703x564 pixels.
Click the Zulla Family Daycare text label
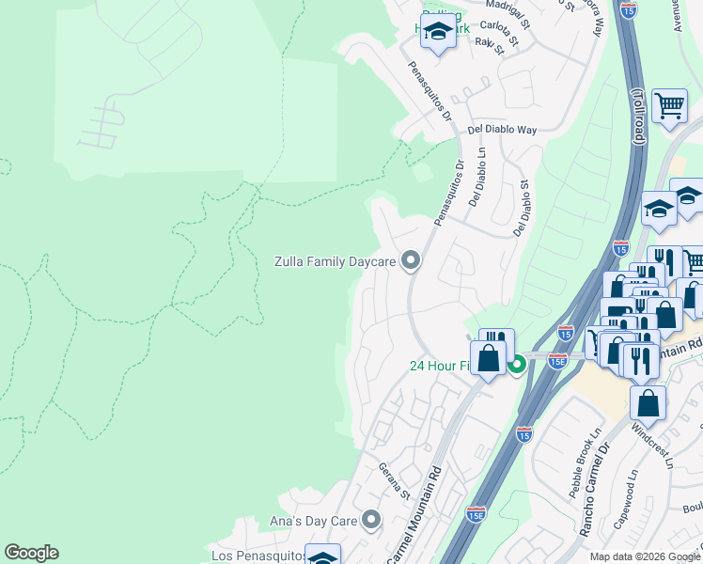(334, 260)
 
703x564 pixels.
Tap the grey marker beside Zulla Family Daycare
(410, 260)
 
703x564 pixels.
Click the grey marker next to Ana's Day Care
(372, 519)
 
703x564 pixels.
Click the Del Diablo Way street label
(502, 130)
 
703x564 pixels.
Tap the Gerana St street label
(395, 479)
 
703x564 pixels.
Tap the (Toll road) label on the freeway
(637, 117)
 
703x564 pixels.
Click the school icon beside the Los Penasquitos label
(322, 556)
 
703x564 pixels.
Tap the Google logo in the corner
(31, 553)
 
